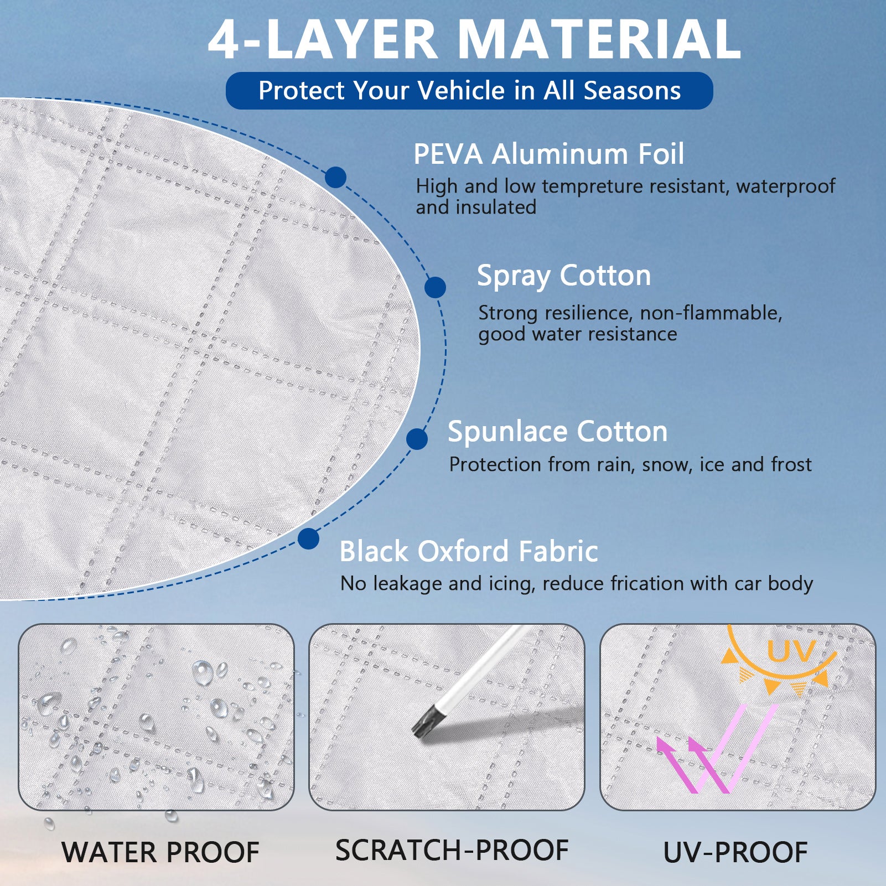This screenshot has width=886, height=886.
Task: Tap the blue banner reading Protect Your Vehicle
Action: point(469,91)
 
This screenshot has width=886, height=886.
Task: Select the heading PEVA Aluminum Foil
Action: point(549,154)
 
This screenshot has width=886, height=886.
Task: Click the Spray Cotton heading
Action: point(564,276)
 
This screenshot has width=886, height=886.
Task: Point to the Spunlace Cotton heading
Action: point(558,432)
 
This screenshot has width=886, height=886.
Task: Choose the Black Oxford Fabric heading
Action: point(469,551)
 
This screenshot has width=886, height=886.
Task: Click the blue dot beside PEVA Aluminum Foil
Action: point(335,178)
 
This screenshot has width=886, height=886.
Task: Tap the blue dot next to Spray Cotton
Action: point(436,288)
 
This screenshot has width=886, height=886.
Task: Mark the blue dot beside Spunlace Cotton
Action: point(417,439)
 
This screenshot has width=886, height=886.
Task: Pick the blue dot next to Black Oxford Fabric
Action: point(308,538)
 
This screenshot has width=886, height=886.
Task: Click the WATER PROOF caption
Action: point(160,852)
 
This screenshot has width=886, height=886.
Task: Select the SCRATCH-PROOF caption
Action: point(452,850)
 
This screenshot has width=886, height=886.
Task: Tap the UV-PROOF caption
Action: point(735,852)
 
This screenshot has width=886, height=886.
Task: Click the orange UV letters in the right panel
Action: point(791,651)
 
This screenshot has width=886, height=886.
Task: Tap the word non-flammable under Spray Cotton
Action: point(711,313)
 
